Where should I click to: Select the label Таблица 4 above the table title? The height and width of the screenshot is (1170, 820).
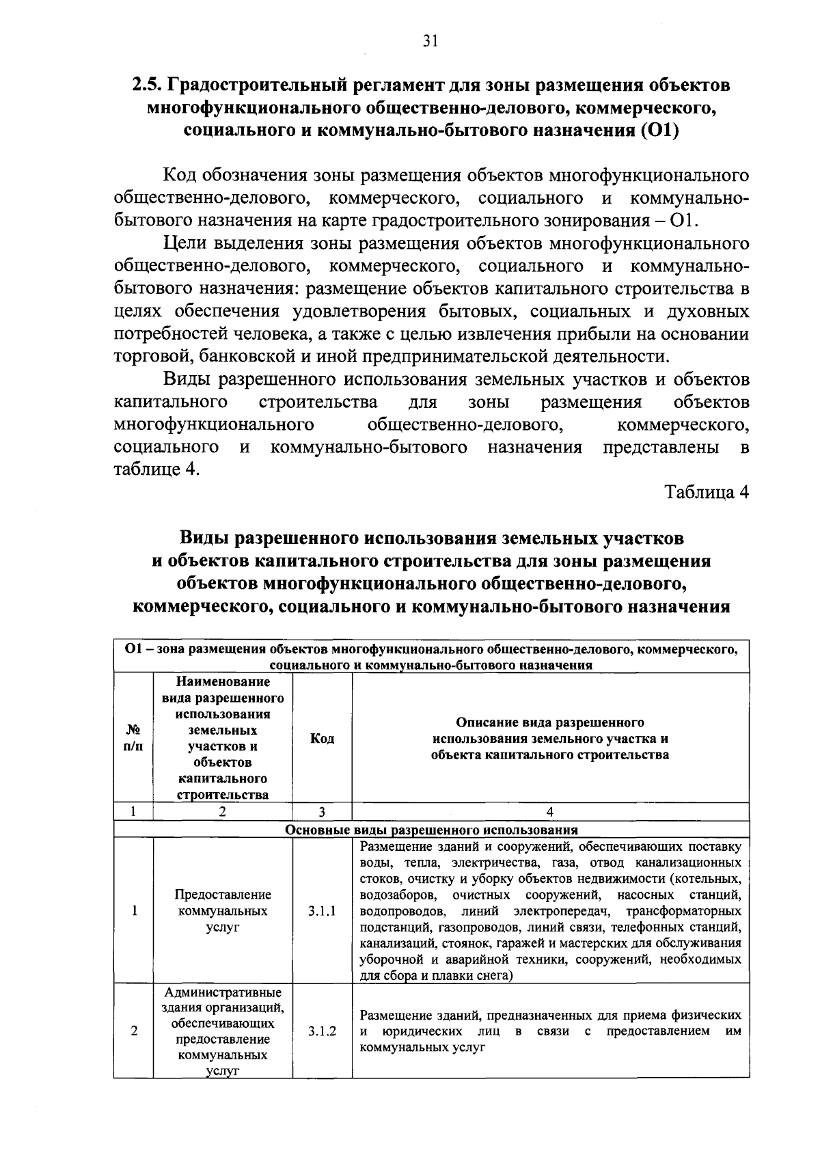pos(707,493)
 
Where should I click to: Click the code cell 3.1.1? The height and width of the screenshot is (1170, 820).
pos(322,911)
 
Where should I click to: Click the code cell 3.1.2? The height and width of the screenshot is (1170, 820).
pos(322,1031)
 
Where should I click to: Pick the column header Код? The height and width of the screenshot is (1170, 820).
pos(322,739)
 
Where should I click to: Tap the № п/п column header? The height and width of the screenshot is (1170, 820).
pos(133,739)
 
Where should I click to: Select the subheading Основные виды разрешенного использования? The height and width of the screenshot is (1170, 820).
pos(431,830)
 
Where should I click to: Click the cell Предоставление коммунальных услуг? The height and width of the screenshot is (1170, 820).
pos(223,911)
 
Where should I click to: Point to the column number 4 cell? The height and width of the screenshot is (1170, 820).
pos(550,811)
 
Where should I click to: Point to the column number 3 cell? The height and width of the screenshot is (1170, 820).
pos(322,811)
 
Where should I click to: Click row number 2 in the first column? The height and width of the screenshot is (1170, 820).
pos(133,1031)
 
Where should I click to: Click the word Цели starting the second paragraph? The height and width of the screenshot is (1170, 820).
pos(184,244)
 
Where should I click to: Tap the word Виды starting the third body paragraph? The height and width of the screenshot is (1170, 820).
pos(184,380)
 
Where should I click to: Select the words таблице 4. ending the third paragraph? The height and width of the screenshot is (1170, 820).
pos(156,470)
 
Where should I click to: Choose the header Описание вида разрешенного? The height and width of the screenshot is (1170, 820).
pos(550,722)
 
